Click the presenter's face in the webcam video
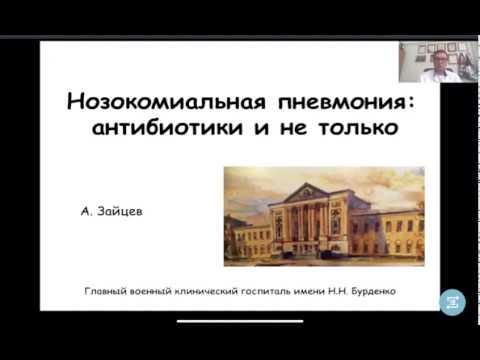click(436, 60)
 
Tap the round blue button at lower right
click(453, 301)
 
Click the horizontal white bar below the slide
click(240, 321)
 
